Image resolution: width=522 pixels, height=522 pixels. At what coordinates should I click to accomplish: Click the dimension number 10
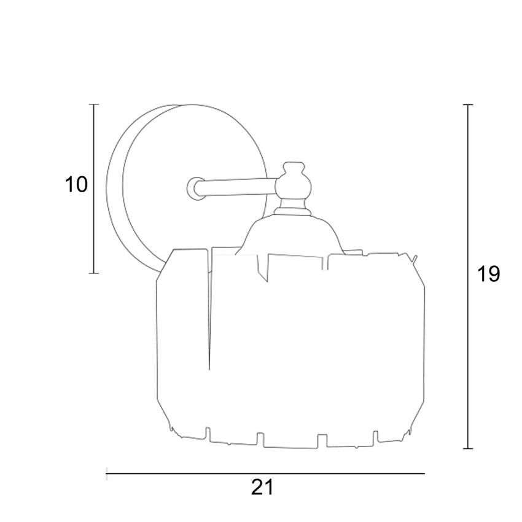[76, 184]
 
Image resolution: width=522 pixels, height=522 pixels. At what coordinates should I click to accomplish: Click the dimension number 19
[488, 274]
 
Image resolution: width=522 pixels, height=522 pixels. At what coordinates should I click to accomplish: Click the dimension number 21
[262, 488]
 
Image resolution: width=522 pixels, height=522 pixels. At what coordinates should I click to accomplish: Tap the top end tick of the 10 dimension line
[94, 104]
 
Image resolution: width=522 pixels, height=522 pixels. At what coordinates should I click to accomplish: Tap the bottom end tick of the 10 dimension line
[94, 273]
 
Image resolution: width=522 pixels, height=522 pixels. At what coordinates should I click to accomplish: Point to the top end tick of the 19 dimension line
[468, 104]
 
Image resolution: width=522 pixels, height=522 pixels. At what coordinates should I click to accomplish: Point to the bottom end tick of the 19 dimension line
[468, 449]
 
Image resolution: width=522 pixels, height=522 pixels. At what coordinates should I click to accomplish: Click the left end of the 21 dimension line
[106, 473]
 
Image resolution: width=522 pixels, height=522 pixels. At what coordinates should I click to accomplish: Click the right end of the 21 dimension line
[425, 473]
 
